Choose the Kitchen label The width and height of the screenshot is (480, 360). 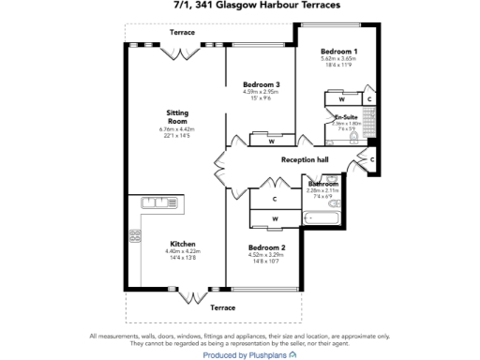pos(182,244)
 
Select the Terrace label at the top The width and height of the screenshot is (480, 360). pos(182,32)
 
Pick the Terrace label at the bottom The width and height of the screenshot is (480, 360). pos(222,307)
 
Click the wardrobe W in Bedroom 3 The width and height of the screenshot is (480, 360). pos(271,142)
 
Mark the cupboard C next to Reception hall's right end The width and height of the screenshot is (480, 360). pos(372,161)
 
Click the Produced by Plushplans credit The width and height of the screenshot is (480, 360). pos(240,354)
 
